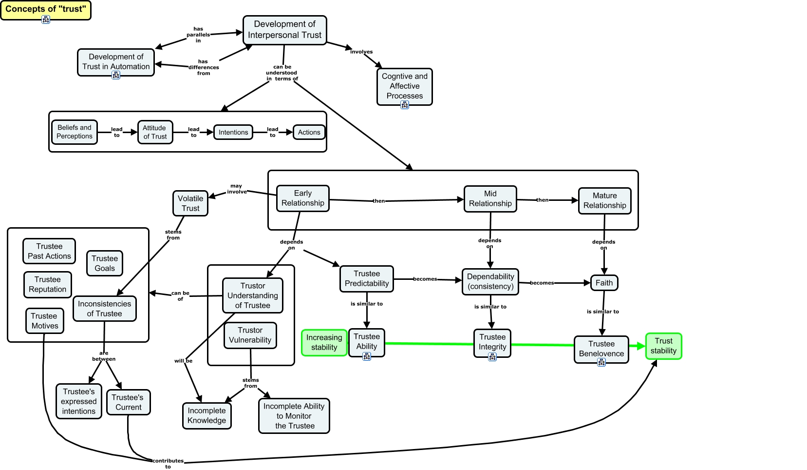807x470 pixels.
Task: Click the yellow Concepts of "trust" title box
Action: [45, 9]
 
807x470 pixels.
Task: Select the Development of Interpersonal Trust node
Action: [284, 30]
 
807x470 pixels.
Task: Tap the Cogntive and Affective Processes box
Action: [404, 86]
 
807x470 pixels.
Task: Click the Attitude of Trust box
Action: [155, 132]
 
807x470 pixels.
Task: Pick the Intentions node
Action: [233, 132]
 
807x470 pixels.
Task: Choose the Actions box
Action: [309, 132]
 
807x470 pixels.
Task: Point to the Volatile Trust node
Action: [190, 203]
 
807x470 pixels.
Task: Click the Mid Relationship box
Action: [490, 198]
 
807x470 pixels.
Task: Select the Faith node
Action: [604, 283]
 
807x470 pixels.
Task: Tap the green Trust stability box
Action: [663, 346]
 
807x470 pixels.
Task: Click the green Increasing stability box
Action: [324, 342]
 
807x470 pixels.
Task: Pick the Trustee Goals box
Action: [104, 263]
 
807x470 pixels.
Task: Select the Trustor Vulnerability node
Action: [250, 335]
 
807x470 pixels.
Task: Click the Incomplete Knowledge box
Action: [206, 415]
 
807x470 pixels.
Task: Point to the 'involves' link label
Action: [361, 52]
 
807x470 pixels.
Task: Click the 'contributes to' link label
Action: [168, 463]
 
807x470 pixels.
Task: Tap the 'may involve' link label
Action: [236, 189]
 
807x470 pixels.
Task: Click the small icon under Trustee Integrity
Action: [492, 357]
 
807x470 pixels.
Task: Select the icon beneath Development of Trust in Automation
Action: [116, 75]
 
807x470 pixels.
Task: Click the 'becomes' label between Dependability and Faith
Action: [542, 283]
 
